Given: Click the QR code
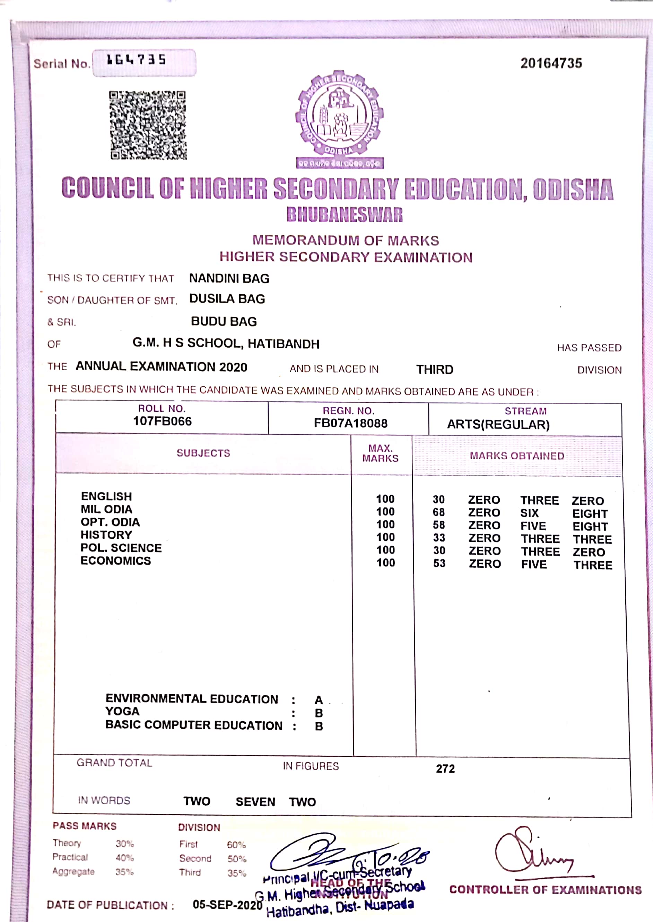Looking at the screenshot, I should [148, 125].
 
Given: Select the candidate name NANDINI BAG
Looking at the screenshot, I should [229, 278].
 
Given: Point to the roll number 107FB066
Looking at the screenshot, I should [163, 421].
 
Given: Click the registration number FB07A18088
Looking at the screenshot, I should [351, 424].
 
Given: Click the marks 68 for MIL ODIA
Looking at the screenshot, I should [439, 512].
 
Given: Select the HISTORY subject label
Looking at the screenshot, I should [106, 535].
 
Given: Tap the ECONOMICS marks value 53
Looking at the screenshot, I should [439, 563].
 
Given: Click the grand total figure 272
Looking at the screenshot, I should [445, 769].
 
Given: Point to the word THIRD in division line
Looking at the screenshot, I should [435, 369].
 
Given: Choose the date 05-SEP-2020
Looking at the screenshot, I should [227, 904].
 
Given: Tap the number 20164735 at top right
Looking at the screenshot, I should [551, 63].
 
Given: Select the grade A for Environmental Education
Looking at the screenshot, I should [319, 700].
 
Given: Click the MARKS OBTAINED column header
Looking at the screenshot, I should [517, 455].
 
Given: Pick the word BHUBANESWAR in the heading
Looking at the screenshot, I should [345, 215].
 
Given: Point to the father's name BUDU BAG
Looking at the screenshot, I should [224, 321].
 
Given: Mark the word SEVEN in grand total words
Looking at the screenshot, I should [255, 802].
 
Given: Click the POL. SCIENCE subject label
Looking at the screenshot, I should [121, 548].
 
